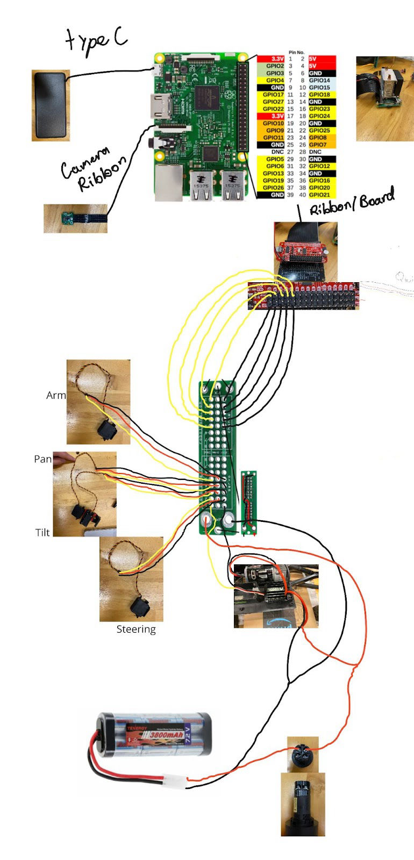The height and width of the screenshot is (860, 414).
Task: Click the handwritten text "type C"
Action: click(97, 40)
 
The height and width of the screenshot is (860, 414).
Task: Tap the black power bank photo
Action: click(51, 105)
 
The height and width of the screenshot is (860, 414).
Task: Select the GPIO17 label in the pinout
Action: click(273, 95)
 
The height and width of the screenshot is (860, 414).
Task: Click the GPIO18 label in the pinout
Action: click(319, 95)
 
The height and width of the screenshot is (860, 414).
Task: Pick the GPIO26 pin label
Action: click(273, 188)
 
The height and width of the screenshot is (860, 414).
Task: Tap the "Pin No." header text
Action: click(296, 52)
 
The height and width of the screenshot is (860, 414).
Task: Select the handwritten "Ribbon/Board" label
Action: click(352, 204)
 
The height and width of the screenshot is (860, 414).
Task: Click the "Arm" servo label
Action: click(56, 395)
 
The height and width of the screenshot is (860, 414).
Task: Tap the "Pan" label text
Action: click(42, 458)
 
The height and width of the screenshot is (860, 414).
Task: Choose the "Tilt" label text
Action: click(42, 532)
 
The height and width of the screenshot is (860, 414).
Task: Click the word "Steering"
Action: click(136, 629)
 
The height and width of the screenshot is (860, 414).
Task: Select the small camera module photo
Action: click(75, 219)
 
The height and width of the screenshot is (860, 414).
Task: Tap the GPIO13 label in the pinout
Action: click(273, 173)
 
